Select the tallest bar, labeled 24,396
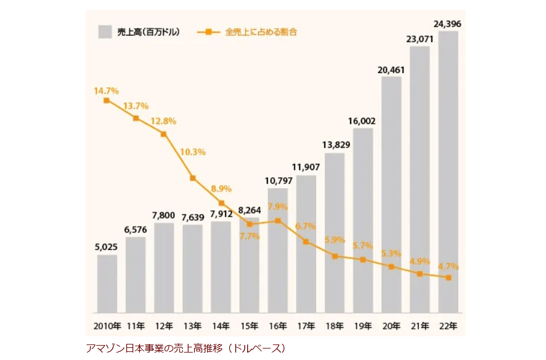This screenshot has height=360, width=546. pyautogui.click(x=448, y=172)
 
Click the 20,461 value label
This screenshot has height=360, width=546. pyautogui.click(x=391, y=70)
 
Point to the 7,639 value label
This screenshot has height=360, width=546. pyautogui.click(x=193, y=217)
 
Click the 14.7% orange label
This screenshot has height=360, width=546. pyautogui.click(x=106, y=91)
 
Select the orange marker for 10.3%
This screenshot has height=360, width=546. pyautogui.click(x=193, y=178)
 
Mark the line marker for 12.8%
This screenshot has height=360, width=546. pyautogui.click(x=164, y=134)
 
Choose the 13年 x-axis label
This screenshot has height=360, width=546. pyautogui.click(x=193, y=326)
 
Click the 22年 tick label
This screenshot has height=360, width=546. pyautogui.click(x=449, y=326)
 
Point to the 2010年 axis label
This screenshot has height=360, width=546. pyautogui.click(x=107, y=326)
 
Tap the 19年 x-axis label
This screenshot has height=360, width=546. pyautogui.click(x=363, y=326)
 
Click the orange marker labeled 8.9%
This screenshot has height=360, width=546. pyautogui.click(x=221, y=203)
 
